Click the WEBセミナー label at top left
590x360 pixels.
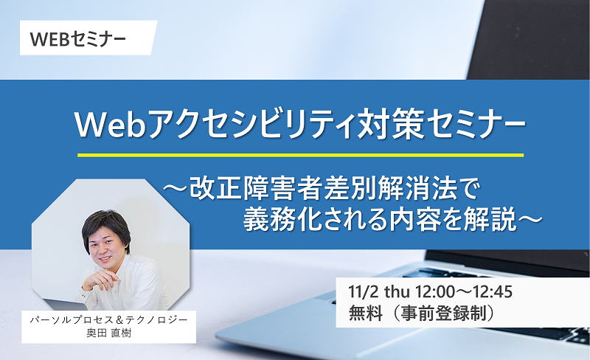(x=78, y=39)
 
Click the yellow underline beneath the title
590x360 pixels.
(x=300, y=155)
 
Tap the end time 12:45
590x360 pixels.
(x=493, y=292)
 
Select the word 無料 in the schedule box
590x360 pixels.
(x=365, y=314)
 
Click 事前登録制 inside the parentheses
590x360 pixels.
(x=446, y=314)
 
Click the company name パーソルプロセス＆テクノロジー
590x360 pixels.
(x=108, y=320)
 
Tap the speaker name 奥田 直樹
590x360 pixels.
(x=108, y=333)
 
